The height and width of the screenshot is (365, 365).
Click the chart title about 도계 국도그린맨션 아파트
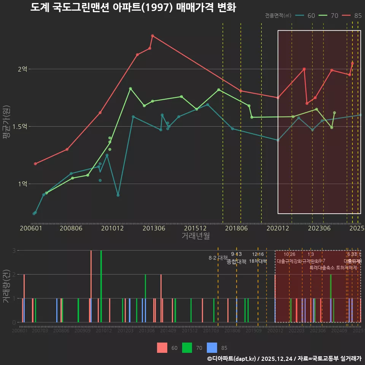coord(133,8)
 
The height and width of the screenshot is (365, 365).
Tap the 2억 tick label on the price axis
coord(22,69)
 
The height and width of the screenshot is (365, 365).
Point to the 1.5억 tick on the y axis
coord(20,127)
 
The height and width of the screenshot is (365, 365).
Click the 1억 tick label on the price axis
coord(22,184)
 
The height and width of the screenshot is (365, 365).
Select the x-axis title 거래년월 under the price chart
coord(195,236)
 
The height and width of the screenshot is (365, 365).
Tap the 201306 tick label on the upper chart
coord(154,228)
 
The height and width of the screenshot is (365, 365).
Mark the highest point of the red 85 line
coord(152,36)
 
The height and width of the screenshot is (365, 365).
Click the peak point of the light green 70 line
coord(130,89)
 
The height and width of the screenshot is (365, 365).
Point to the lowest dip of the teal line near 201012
coord(118,195)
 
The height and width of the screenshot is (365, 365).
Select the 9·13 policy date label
coord(236,254)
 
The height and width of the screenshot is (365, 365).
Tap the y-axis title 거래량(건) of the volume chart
coord(6,286)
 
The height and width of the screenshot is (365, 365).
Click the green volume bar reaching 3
coord(101,286)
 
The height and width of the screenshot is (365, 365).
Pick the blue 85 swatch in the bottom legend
coord(212,348)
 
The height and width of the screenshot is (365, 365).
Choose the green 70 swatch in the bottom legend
coord(187,348)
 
